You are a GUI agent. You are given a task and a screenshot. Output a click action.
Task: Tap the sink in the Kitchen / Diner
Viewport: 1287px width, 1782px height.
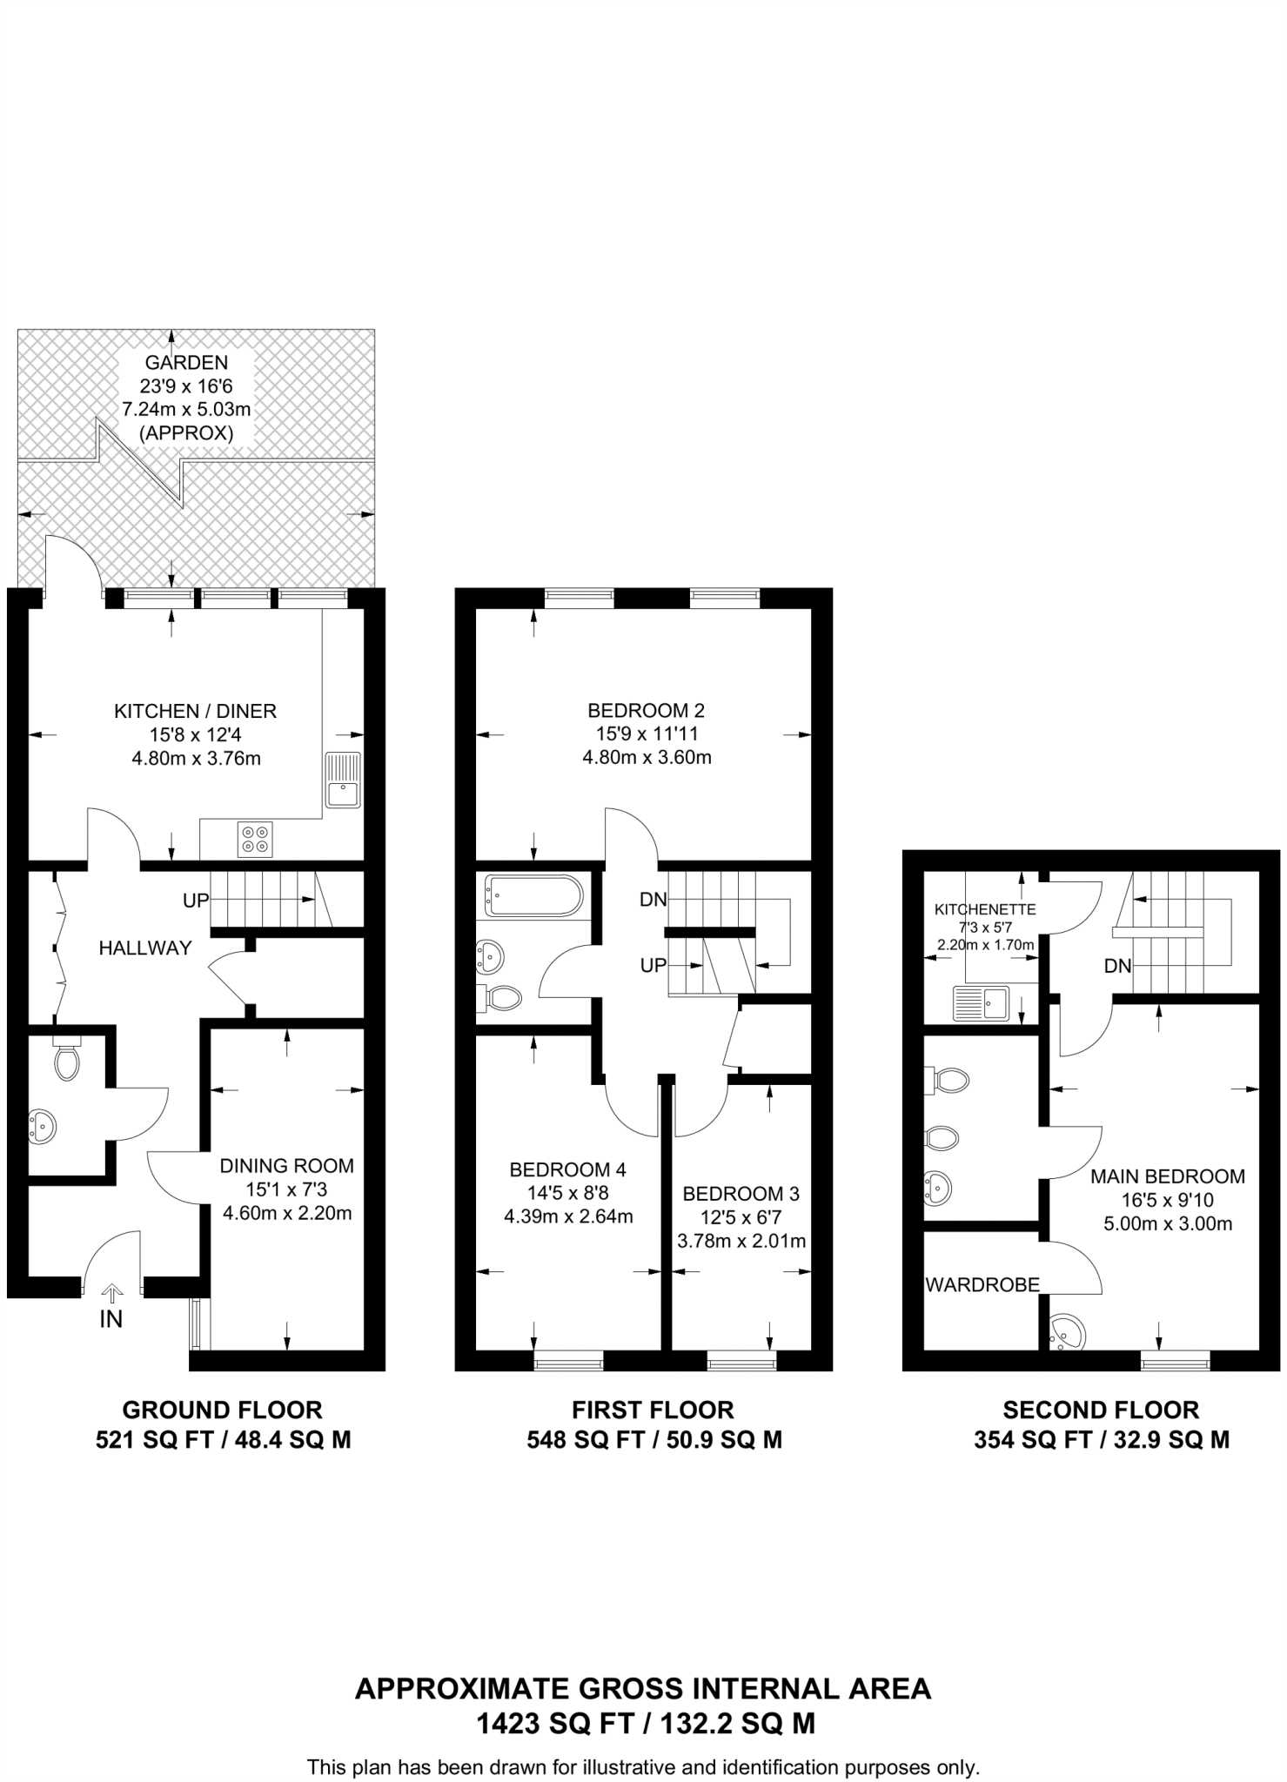[x=343, y=780]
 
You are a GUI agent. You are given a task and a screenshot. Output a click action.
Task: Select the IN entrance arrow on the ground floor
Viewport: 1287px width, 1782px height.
[x=112, y=1294]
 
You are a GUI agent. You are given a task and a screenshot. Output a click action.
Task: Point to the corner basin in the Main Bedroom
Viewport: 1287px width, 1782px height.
[x=1067, y=1333]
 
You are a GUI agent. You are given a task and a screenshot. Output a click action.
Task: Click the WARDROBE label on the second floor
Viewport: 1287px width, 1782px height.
[x=982, y=1284]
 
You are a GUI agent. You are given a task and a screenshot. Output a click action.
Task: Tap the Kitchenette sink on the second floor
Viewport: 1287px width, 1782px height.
[x=980, y=1002]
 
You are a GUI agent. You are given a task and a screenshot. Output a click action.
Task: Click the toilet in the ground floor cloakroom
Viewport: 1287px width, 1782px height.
[x=66, y=1061]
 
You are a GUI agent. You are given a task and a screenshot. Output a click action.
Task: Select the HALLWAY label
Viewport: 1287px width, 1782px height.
[x=145, y=948]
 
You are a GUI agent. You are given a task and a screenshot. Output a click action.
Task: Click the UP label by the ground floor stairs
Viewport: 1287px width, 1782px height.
[x=196, y=901]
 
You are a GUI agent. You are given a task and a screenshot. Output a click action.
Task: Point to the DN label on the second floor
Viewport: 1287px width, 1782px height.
[x=1117, y=965]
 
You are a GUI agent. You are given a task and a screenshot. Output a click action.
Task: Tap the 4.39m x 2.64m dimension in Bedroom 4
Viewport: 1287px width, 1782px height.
[x=568, y=1216]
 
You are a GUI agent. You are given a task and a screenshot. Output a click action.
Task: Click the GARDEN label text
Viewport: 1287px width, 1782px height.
[x=186, y=362]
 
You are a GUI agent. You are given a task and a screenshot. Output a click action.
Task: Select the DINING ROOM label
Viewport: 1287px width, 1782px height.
[x=286, y=1165]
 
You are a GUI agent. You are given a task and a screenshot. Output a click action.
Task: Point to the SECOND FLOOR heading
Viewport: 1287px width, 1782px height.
[x=1101, y=1410]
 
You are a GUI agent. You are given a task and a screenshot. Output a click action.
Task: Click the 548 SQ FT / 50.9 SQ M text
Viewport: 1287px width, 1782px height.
[x=654, y=1440]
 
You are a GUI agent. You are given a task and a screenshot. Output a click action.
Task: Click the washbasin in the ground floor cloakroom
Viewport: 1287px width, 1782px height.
[x=43, y=1126]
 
